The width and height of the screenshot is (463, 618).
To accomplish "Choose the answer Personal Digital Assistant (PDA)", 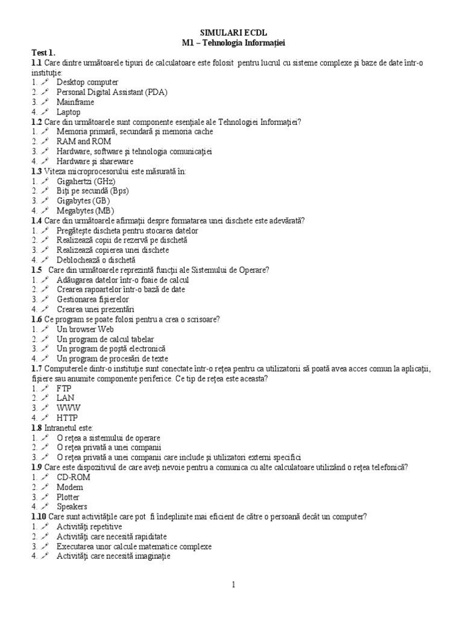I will (x=112, y=92).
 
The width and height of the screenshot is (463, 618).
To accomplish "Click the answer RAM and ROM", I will (x=84, y=141).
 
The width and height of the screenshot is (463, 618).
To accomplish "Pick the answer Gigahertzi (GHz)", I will (x=86, y=180).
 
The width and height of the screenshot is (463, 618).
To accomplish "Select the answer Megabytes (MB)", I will (x=85, y=210).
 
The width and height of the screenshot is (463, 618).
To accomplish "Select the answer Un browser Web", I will (x=85, y=329).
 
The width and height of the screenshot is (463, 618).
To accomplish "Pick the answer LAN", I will (x=66, y=398).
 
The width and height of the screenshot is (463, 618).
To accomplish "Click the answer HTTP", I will (x=68, y=417).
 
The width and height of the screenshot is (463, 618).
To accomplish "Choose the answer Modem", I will (x=71, y=486).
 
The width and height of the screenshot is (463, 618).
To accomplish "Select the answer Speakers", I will (x=72, y=506).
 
